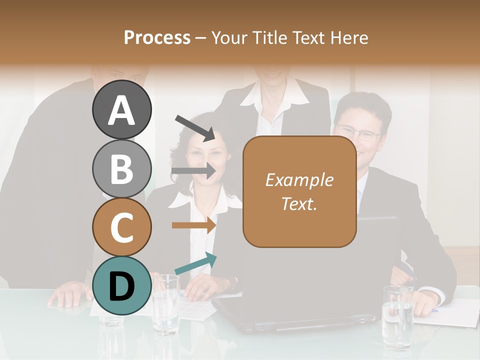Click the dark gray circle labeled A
coord(121,109)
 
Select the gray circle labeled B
coord(121,168)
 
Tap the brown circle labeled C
coord(121,227)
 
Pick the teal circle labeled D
coord(121,285)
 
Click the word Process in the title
coord(157,37)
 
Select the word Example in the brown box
coord(299,180)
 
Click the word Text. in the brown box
coord(299,203)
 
